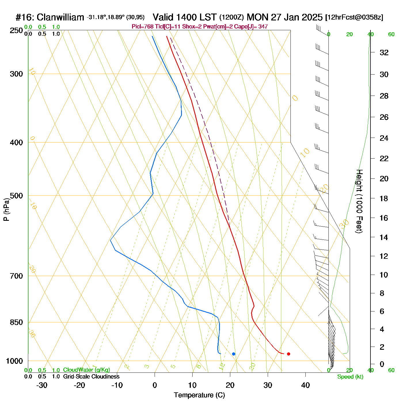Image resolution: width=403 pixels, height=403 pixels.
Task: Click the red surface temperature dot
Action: (288, 354)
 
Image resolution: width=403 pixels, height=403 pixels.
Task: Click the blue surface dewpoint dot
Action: (233, 354)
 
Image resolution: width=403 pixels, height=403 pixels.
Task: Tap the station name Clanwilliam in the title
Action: (60, 18)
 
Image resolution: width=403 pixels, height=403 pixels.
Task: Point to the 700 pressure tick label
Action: (16, 276)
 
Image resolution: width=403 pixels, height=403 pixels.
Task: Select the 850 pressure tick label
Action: (16, 322)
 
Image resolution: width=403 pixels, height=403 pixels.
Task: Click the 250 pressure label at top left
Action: (16, 31)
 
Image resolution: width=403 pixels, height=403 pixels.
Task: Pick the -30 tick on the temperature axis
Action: (42, 385)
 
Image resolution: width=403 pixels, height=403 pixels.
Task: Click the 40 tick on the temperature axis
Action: (305, 385)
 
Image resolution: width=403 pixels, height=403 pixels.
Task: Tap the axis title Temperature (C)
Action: (199, 395)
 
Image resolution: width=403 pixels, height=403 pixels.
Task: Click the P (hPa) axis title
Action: (6, 210)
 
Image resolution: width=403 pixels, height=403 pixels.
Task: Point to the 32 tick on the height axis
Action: (384, 52)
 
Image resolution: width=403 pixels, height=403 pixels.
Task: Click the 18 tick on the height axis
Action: (384, 198)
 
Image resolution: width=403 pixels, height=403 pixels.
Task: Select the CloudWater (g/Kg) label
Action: (86, 370)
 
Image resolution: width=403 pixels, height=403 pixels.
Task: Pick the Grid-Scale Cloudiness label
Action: (91, 377)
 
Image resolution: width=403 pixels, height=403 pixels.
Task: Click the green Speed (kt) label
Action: (350, 377)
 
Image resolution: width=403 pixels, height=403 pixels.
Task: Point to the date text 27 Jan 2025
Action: (296, 18)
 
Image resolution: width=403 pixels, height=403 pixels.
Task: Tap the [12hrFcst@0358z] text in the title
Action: (354, 18)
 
